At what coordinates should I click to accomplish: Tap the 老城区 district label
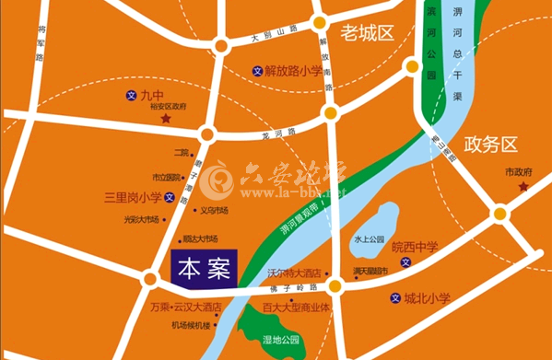tap(367, 34)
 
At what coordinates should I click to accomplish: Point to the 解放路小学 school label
tap(293, 70)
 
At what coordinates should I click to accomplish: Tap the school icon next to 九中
tap(131, 95)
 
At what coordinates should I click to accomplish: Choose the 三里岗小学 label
tap(134, 196)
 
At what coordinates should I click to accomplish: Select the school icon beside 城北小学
tap(395, 297)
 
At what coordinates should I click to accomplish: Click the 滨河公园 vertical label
tap(430, 51)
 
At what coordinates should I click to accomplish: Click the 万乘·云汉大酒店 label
tap(184, 308)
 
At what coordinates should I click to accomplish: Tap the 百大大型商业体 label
tap(296, 308)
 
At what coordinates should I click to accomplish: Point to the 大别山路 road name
tap(273, 35)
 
